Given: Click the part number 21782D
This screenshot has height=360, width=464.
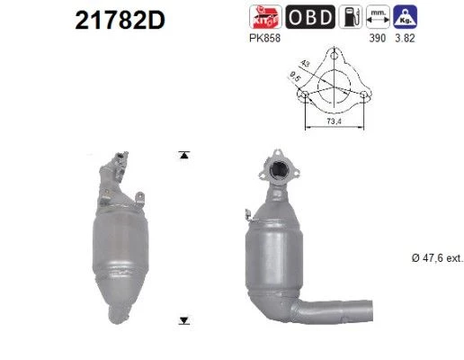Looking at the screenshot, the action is (120, 21).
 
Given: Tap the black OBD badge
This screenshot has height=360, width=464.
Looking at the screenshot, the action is (310, 17).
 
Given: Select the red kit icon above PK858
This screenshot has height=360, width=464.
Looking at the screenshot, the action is (265, 17).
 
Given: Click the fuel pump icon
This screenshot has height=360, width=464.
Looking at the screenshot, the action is (351, 17).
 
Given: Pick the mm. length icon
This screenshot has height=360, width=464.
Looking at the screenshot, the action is (378, 17).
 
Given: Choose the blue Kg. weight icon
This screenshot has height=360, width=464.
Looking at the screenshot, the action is (406, 17).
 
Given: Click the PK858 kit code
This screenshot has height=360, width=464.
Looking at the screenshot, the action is (264, 38).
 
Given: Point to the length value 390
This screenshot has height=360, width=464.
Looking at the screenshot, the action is (378, 38).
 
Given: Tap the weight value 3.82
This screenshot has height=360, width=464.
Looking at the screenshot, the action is (405, 38).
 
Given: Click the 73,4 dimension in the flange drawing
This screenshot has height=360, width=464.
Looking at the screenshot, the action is (334, 121).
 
